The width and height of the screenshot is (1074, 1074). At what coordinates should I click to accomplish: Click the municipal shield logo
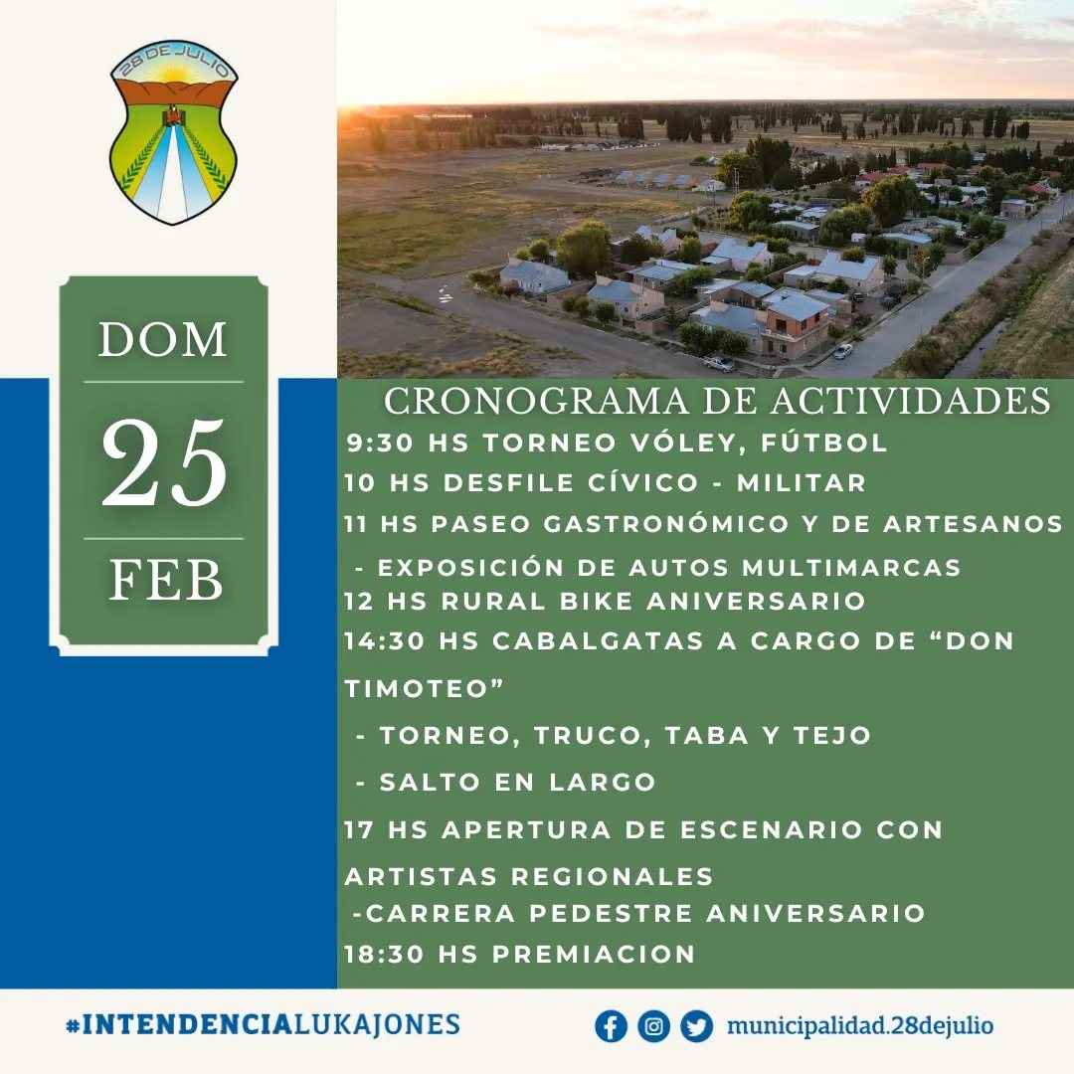tap(173, 132)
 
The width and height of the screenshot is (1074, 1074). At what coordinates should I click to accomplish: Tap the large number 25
tap(164, 463)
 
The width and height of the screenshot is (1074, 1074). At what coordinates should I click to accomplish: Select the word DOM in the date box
tap(163, 339)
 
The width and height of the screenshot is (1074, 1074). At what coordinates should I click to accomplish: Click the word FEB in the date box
tap(166, 580)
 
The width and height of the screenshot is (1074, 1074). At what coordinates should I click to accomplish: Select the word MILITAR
tap(802, 483)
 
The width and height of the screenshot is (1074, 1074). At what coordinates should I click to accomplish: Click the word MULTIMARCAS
tap(851, 568)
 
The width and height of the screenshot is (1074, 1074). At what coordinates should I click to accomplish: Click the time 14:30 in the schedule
tap(384, 641)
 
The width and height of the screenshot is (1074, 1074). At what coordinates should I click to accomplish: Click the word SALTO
tap(430, 783)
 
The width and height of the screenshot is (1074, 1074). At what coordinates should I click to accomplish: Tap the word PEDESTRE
tap(611, 913)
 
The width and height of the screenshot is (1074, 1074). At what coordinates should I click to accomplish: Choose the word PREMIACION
tap(594, 954)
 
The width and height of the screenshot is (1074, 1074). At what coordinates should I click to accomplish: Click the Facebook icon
tap(611, 1026)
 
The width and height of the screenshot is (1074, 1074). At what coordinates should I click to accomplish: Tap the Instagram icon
tap(653, 1026)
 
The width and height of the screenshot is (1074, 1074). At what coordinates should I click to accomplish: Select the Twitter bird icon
tap(696, 1026)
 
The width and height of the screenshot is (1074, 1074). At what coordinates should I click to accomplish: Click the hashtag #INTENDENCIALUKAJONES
tap(263, 1024)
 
